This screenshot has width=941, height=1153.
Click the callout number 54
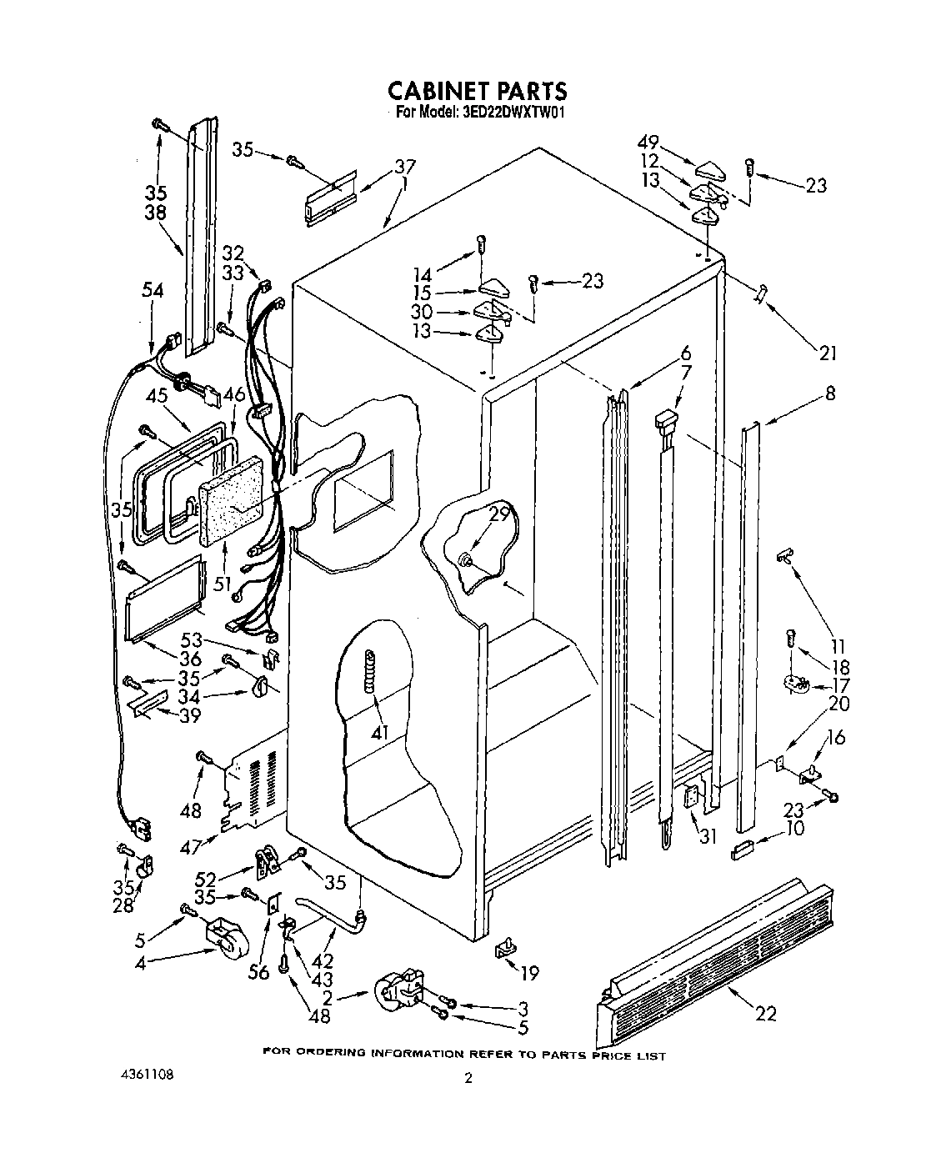pos(153,291)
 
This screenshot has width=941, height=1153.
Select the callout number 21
pos(826,353)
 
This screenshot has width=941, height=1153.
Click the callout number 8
pos(829,394)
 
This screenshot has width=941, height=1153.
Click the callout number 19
pos(528,972)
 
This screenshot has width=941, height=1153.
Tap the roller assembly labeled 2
pos(399,990)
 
